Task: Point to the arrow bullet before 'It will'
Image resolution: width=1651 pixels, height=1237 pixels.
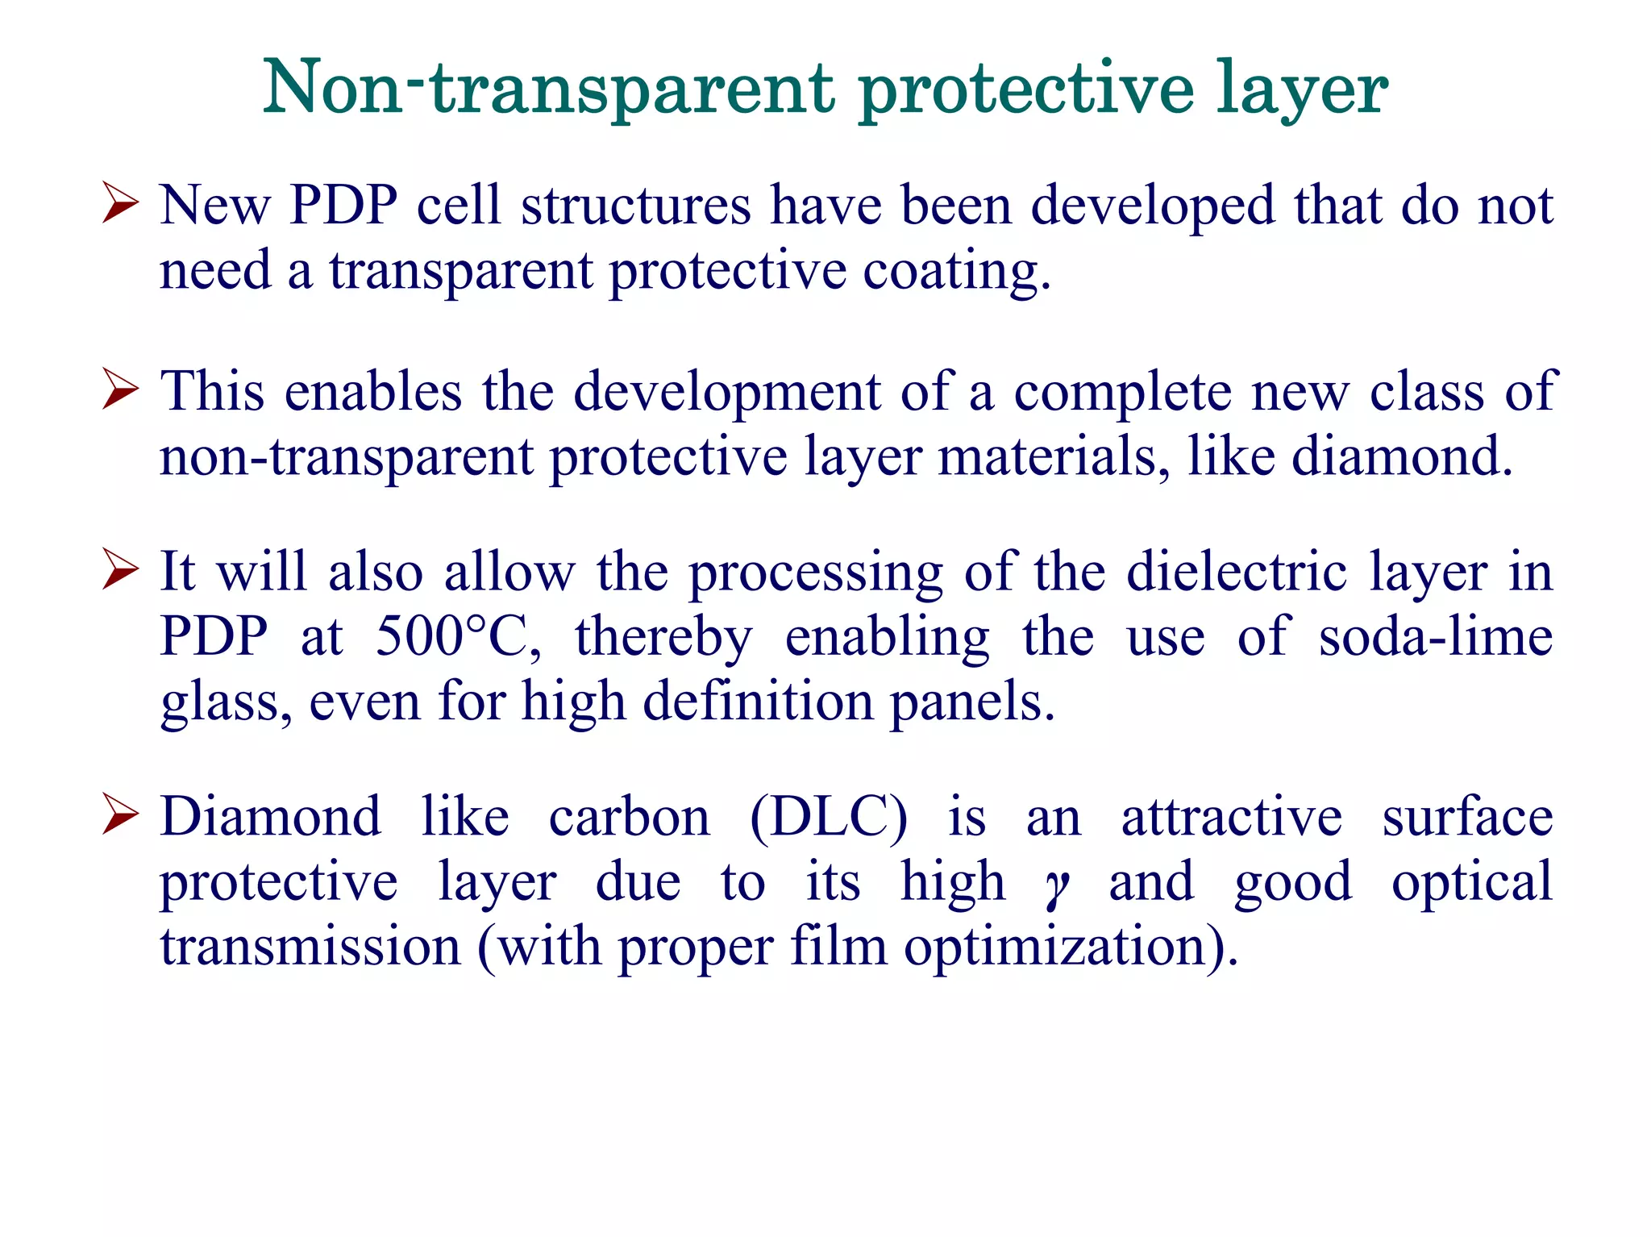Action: click(121, 569)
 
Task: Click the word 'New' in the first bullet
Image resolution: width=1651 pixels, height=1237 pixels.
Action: click(214, 205)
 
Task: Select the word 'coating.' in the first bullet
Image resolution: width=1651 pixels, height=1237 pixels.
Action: click(957, 271)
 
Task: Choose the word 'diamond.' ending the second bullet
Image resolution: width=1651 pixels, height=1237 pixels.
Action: click(1402, 456)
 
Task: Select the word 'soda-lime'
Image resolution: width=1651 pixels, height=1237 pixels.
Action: click(1435, 636)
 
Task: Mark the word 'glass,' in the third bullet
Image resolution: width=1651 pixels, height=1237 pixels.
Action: click(226, 702)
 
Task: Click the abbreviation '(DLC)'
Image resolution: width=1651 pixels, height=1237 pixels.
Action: click(829, 817)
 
